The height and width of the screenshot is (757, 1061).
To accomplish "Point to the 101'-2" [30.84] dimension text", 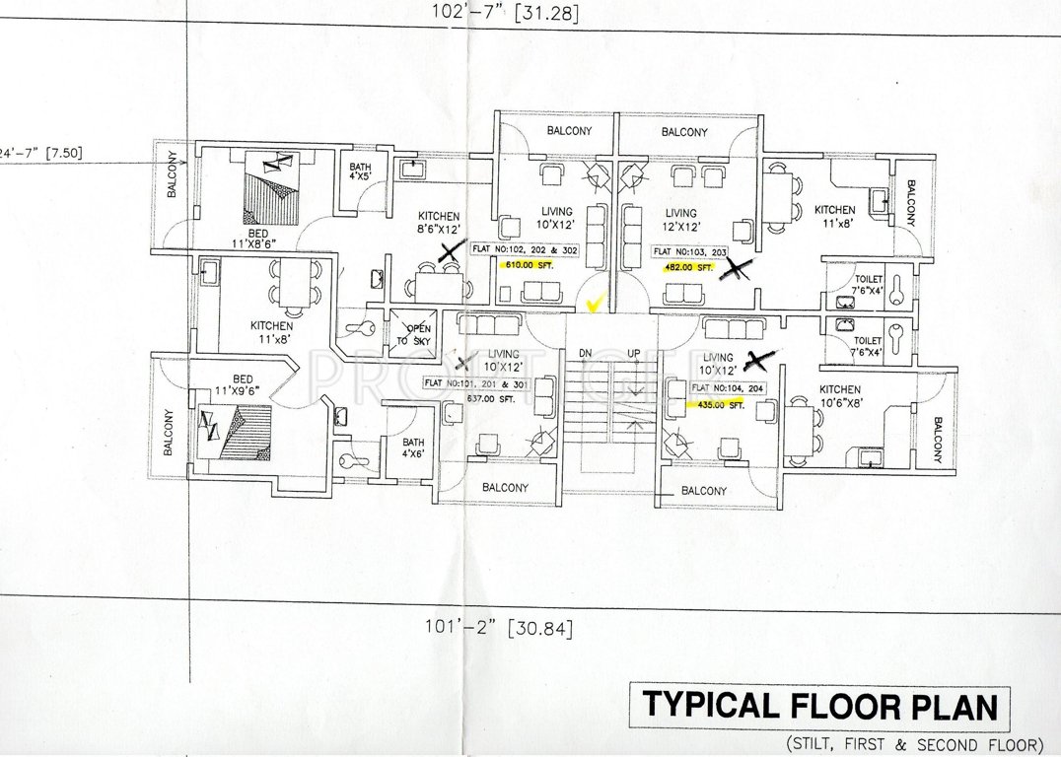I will (499, 626).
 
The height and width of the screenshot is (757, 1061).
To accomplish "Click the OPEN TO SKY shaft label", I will (413, 333).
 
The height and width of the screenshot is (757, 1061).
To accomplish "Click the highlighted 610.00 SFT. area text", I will (527, 266).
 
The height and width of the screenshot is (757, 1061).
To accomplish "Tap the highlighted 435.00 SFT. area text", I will (721, 405).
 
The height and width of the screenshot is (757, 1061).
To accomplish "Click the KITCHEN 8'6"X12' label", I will (439, 223).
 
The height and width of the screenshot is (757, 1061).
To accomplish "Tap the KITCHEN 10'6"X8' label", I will (839, 396).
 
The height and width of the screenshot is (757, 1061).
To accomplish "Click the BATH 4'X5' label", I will (359, 173).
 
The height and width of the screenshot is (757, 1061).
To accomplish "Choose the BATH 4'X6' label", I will (413, 448).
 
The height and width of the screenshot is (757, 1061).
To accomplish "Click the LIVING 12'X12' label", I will (680, 219).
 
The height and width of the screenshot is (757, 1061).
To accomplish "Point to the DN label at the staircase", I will (585, 353).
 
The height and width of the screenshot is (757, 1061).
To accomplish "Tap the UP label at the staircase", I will (635, 353).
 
